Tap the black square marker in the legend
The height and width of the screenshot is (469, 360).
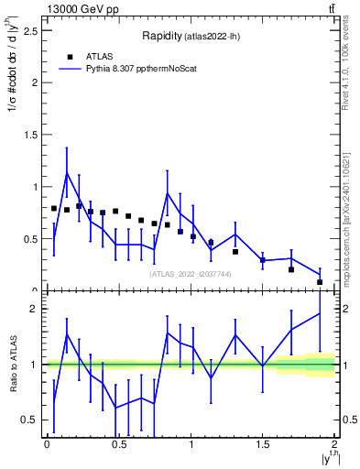coord(70,56)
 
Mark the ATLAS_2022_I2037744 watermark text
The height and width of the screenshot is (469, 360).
coord(189,274)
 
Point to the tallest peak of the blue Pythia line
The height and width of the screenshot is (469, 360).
coord(67,172)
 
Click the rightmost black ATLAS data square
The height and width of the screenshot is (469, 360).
coord(320,282)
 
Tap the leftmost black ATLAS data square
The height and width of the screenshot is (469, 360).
coord(54,209)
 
